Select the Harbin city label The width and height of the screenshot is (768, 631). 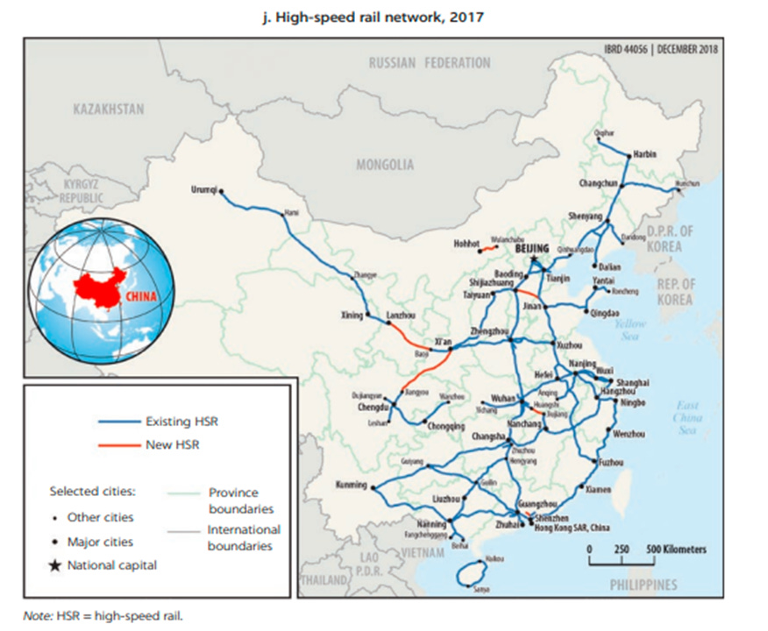(x=644, y=154)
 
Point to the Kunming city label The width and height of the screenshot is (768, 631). (x=352, y=485)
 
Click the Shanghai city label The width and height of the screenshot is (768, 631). (x=632, y=383)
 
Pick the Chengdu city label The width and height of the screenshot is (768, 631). (x=373, y=407)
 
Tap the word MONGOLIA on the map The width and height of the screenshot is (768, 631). (x=385, y=164)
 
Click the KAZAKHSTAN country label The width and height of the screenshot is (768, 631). (x=110, y=109)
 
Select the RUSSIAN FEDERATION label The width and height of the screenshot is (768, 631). (x=430, y=63)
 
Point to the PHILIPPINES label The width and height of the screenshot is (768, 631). (x=644, y=585)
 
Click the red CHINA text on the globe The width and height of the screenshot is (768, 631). (x=141, y=295)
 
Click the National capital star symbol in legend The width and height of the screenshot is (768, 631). (x=55, y=565)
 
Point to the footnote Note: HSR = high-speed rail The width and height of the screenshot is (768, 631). (x=103, y=615)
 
